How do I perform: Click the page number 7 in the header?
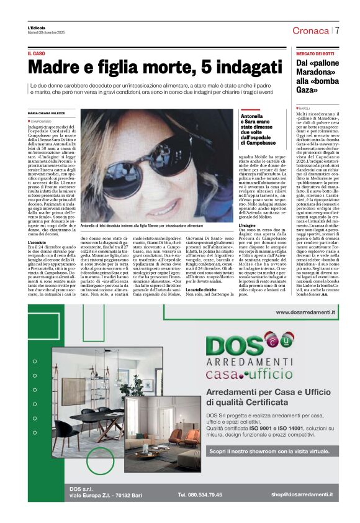337,31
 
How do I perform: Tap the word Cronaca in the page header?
310,31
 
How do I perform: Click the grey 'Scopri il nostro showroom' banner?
268,452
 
